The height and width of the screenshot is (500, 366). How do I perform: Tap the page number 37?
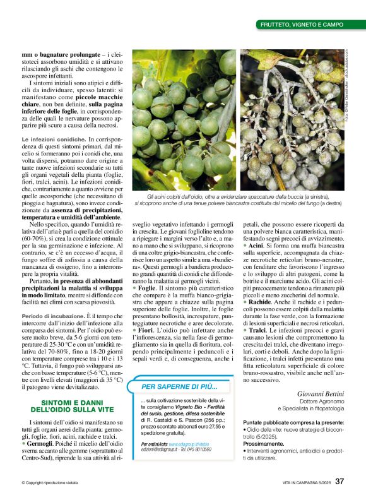(x=339, y=482)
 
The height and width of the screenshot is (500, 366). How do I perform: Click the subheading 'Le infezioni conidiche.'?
(x=53, y=138)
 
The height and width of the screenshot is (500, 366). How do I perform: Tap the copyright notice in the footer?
(x=50, y=482)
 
